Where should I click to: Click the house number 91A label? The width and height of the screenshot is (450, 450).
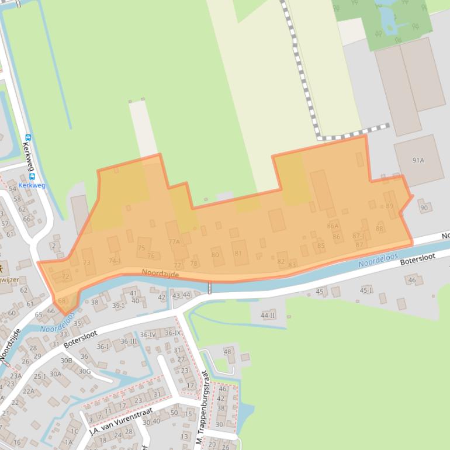click(x=418, y=160)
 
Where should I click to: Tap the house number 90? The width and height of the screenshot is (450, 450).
click(x=424, y=207)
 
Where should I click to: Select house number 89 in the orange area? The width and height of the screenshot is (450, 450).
click(x=390, y=206)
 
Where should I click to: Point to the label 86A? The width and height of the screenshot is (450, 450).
click(x=333, y=226)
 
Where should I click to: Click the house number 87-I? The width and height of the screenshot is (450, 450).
click(x=358, y=236)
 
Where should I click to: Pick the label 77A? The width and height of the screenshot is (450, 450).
click(x=174, y=241)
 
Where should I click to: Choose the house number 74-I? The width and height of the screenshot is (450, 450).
click(x=115, y=261)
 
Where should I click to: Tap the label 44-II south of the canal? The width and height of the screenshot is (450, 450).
click(x=268, y=315)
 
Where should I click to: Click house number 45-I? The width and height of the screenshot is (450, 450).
click(x=366, y=290)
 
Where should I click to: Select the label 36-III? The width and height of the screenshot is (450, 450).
click(x=129, y=341)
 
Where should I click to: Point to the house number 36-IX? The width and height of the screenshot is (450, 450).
click(x=172, y=333)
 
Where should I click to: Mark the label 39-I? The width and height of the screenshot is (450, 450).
click(x=119, y=306)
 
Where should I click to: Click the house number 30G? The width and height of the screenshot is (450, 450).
click(x=85, y=371)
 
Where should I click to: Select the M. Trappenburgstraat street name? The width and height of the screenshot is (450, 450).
click(x=205, y=409)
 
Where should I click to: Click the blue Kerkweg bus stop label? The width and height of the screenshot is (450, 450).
click(x=32, y=185)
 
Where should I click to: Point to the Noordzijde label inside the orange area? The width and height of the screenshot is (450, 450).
click(x=160, y=274)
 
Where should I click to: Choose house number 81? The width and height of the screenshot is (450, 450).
click(x=238, y=253)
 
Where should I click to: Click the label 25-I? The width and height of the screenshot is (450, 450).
click(x=40, y=376)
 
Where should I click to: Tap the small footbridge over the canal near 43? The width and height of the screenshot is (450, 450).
click(x=209, y=288)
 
